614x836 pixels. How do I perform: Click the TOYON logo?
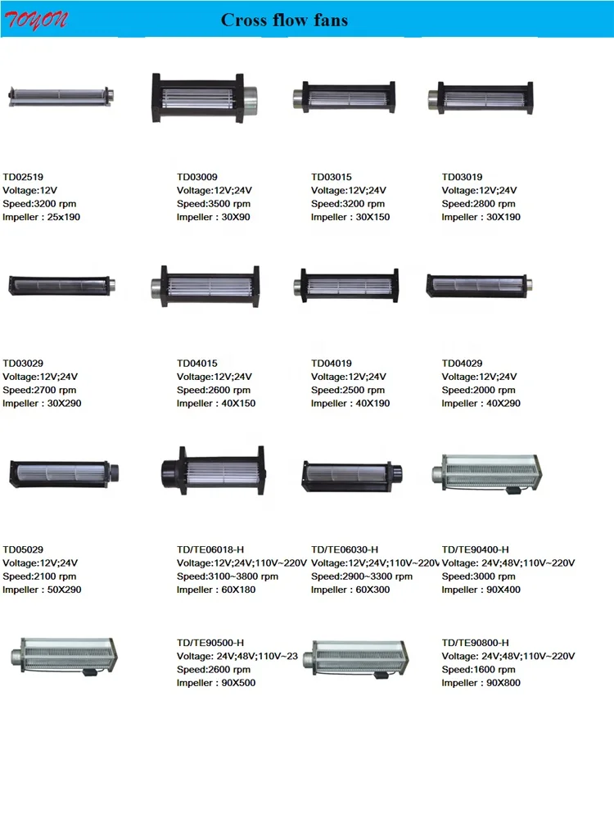point(37,20)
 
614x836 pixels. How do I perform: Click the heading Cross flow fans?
point(284,20)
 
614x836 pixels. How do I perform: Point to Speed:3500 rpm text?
point(214,204)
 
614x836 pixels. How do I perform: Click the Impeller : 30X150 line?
point(350,217)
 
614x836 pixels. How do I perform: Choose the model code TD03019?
point(463,176)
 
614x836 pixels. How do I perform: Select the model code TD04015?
point(197,363)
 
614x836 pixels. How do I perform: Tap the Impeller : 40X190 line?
point(350,403)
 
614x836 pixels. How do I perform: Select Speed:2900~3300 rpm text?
point(362,576)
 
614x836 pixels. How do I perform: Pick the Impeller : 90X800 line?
point(481,683)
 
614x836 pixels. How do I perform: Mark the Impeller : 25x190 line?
point(42,217)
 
